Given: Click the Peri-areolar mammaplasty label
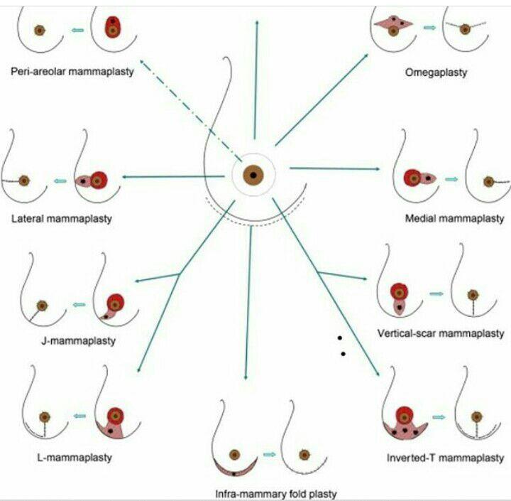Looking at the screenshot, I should (72, 72).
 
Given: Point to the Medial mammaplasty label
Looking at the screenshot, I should (455, 219).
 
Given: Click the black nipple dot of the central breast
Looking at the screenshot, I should (253, 175).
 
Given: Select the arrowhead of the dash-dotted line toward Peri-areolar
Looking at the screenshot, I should (142, 63).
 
